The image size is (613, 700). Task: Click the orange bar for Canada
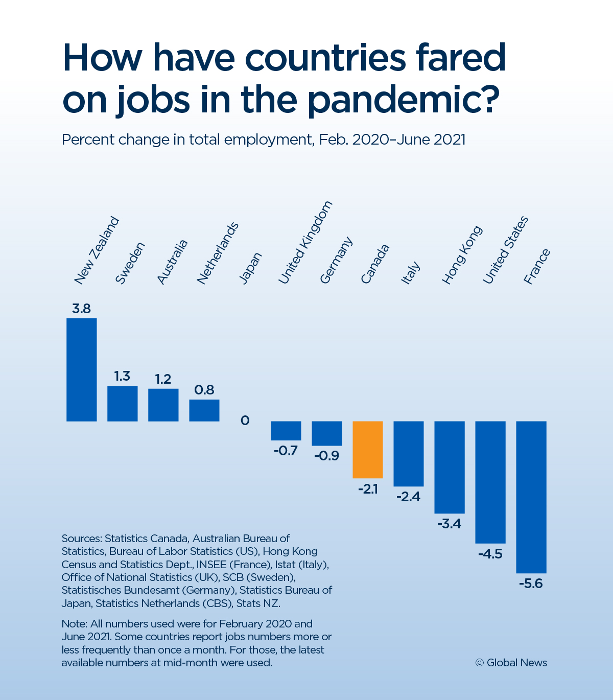click(368, 450)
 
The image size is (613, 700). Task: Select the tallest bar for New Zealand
click(82, 369)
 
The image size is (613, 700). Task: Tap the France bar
click(531, 497)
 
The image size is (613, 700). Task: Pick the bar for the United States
click(490, 482)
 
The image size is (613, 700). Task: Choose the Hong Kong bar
click(450, 467)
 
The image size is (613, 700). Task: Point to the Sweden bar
click(123, 404)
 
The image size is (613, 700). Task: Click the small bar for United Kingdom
click(286, 431)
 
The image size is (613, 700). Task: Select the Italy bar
click(409, 454)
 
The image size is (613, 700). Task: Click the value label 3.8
click(81, 309)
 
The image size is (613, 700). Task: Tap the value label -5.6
click(531, 584)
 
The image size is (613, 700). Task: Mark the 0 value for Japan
click(245, 421)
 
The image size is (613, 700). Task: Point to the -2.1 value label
click(368, 489)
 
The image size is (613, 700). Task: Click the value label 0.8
click(204, 390)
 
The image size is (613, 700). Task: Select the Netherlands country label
click(218, 253)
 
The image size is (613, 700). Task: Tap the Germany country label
click(336, 260)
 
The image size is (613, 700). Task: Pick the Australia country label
click(172, 262)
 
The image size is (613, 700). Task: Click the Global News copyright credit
click(511, 663)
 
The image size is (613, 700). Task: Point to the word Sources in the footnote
click(82, 539)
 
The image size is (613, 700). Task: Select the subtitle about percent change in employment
click(264, 139)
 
